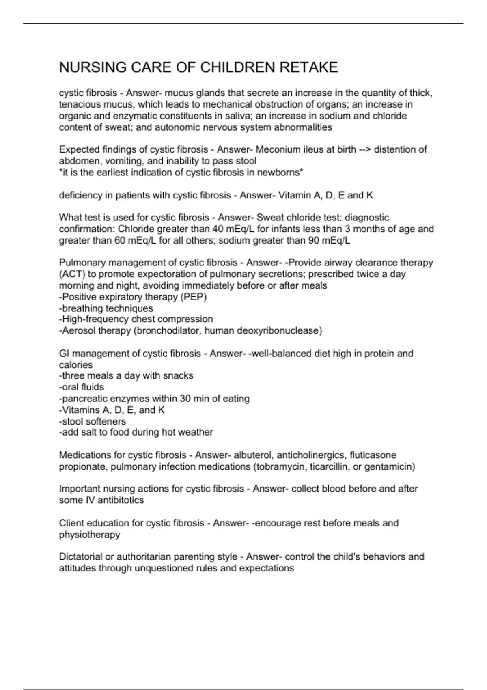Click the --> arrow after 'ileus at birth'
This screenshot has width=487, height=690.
click(x=365, y=149)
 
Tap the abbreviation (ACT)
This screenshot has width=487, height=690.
click(x=72, y=274)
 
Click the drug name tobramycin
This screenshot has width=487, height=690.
click(x=280, y=466)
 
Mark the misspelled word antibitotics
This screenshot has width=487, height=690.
click(x=121, y=500)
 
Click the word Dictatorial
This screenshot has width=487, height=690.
click(x=80, y=556)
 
